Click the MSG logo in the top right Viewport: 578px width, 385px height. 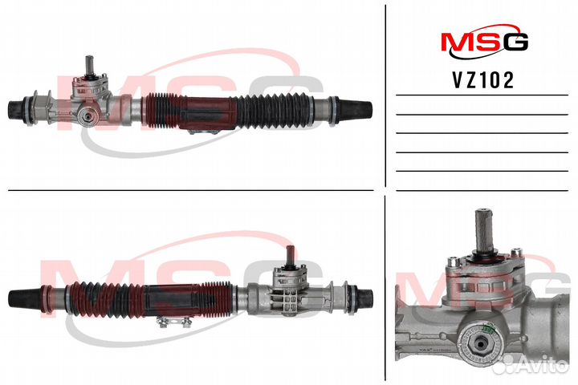tap(485, 41)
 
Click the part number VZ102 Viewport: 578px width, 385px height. tap(483, 80)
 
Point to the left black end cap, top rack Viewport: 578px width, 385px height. tap(16, 109)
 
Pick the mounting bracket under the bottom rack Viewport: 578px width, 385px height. tap(173, 322)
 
